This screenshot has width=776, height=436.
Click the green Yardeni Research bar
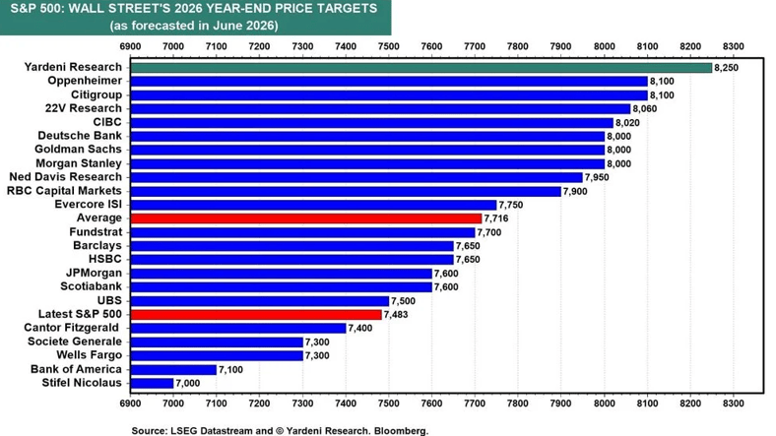point(421,67)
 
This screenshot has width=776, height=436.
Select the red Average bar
point(306,218)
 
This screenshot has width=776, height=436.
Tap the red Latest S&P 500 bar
point(256,314)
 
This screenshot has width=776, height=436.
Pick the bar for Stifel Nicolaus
point(152,383)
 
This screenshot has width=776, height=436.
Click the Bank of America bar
point(173,369)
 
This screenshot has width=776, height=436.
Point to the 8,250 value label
point(726,68)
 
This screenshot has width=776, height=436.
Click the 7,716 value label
point(496,218)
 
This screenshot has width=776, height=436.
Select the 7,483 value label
point(396,314)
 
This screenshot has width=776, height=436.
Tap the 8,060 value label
point(645,108)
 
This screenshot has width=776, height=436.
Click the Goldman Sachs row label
point(78,150)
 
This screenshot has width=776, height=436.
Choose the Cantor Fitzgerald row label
point(71,328)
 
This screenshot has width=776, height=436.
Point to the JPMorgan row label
point(94,273)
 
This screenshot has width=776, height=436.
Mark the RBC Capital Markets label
point(64,191)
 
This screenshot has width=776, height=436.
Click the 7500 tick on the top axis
point(389,46)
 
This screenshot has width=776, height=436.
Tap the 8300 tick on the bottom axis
point(733,404)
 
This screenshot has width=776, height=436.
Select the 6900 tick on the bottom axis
point(130,404)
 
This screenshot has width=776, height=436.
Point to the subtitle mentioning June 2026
point(194,26)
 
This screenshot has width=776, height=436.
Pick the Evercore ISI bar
point(313,205)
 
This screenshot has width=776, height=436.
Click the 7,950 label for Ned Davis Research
point(597,177)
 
